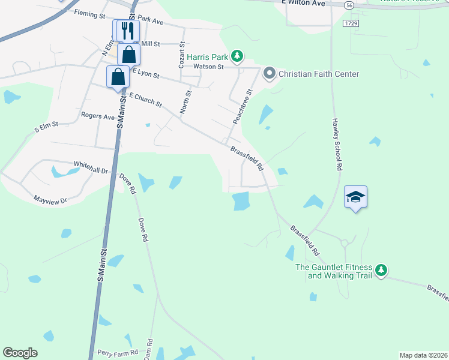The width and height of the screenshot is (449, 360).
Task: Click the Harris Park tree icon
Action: (238, 56)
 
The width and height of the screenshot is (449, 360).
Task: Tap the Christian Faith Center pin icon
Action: (269, 74)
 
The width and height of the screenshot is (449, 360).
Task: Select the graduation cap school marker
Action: (355, 197)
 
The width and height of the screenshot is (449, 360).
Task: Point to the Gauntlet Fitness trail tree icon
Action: (381, 271)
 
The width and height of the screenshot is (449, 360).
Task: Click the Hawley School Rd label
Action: (337, 144)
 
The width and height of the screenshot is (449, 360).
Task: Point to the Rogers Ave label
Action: (97, 117)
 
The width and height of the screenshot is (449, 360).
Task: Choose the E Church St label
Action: (145, 100)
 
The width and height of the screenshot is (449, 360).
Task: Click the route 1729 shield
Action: (351, 23)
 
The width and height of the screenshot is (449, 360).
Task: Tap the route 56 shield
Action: (349, 5)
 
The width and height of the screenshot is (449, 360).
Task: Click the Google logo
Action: (20, 352)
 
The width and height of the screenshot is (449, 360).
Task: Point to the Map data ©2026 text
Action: (423, 355)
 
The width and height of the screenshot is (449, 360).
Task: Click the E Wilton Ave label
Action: (303, 4)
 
